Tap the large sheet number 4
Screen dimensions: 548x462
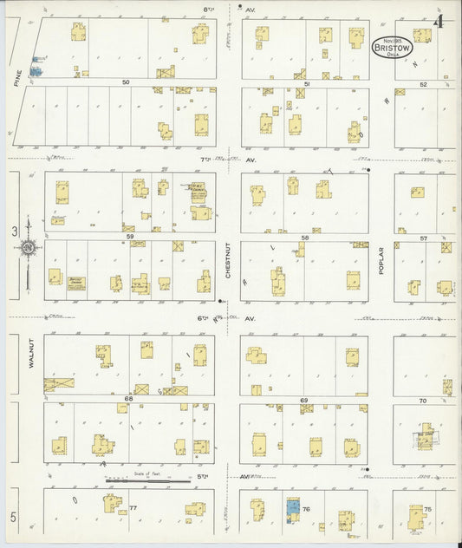[440, 21]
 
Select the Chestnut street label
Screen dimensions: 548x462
[228, 258]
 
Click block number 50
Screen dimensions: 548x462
[126, 82]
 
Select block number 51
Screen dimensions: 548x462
[308, 83]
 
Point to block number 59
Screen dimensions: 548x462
[129, 237]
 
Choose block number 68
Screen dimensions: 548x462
[128, 399]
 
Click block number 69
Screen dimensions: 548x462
[304, 400]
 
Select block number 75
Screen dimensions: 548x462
[427, 509]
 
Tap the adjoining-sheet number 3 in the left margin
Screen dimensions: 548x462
[14, 232]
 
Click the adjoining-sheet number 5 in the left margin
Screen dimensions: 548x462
[14, 517]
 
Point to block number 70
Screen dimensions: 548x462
[423, 401]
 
